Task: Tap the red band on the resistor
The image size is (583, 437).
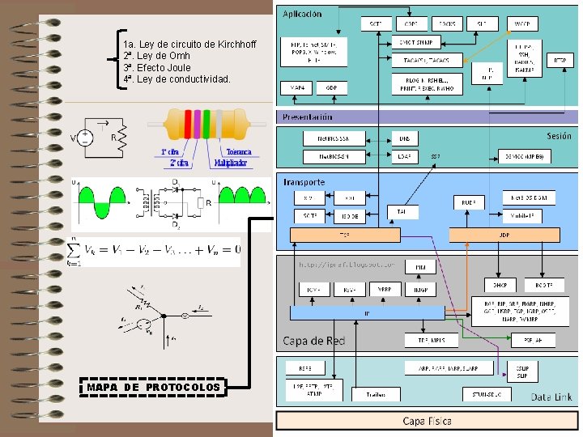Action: pyautogui.click(x=185, y=125)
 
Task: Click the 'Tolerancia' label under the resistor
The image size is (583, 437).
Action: pyautogui.click(x=238, y=151)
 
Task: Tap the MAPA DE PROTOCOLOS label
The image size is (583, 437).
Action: pyautogui.click(x=153, y=388)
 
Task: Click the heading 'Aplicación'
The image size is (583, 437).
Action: pyautogui.click(x=302, y=14)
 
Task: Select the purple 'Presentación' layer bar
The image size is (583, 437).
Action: pyautogui.click(x=428, y=117)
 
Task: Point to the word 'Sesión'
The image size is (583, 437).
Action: pyautogui.click(x=559, y=136)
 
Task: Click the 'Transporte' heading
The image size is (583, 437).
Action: pyautogui.click(x=304, y=182)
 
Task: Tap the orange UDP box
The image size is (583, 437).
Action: pyautogui.click(x=504, y=235)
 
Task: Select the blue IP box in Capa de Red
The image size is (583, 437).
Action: pyautogui.click(x=367, y=312)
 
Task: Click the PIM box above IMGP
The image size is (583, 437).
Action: pyautogui.click(x=421, y=267)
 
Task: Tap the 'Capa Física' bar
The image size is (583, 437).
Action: pyautogui.click(x=428, y=421)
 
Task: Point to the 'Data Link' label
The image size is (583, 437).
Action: pyautogui.click(x=552, y=397)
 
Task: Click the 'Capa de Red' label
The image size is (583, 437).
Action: pyautogui.click(x=313, y=341)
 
